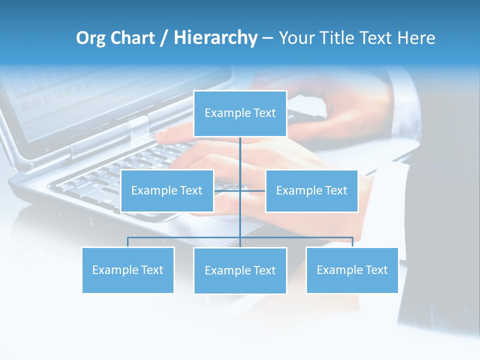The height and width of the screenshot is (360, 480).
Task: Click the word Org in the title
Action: tap(91, 38)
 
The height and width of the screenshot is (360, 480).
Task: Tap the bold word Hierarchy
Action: tap(215, 38)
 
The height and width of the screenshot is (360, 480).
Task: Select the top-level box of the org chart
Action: tap(240, 113)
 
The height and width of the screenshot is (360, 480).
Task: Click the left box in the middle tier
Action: tap(167, 190)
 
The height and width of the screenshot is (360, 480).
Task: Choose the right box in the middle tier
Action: tap(311, 190)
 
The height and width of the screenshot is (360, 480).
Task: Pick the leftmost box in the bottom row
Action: tap(127, 270)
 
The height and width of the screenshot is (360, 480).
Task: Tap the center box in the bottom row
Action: tap(240, 270)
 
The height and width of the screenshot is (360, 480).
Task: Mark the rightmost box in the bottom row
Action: tap(352, 270)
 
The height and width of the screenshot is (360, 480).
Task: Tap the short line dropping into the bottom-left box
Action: tap(127, 242)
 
